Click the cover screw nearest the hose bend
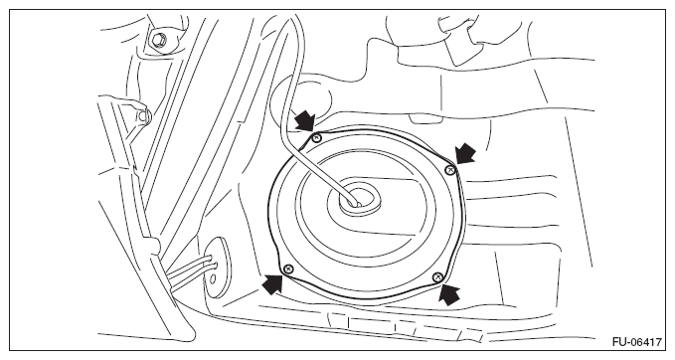(x=317, y=138)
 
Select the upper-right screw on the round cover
(x=450, y=170)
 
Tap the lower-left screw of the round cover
(x=288, y=270)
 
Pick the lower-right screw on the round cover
(x=437, y=276)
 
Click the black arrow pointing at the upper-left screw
(x=306, y=119)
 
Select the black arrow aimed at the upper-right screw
(x=466, y=153)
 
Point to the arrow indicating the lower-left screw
(x=272, y=284)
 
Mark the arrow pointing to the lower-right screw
(x=449, y=294)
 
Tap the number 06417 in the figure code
(x=646, y=343)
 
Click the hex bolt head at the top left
(x=157, y=40)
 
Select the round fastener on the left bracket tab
(x=143, y=115)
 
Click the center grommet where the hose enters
(x=358, y=199)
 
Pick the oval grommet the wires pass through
(x=216, y=267)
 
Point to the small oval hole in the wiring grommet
(x=213, y=278)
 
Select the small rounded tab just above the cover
(x=425, y=118)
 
